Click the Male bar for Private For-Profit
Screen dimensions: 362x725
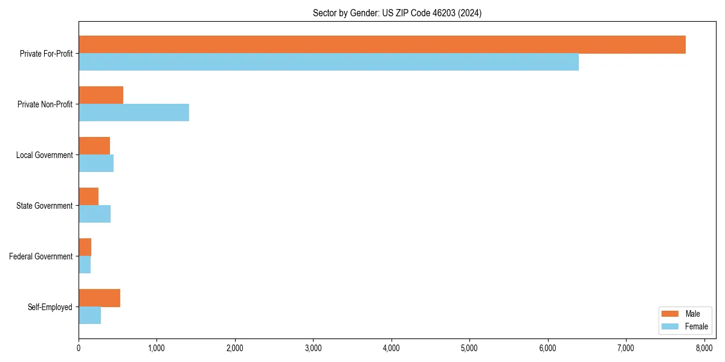coord(382,45)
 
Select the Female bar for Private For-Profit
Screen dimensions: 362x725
coord(329,62)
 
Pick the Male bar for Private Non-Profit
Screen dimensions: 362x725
coord(101,95)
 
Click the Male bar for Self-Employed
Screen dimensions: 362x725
coord(99,298)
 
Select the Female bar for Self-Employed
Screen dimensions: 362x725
coord(89,316)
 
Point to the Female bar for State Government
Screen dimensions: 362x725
coord(94,214)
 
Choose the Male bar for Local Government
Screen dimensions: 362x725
coord(94,146)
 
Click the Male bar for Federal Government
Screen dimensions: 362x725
coord(85,247)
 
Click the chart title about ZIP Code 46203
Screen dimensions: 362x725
coord(397,13)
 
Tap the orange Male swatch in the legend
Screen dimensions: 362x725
coord(671,314)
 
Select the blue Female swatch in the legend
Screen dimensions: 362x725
coord(671,326)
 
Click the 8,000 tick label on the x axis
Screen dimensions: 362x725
coord(704,348)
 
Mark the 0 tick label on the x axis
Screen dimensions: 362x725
coord(79,348)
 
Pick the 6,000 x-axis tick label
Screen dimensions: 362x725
coord(547,348)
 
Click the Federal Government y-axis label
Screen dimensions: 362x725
coord(41,256)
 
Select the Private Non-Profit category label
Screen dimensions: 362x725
coord(45,104)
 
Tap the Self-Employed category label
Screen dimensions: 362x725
coord(50,307)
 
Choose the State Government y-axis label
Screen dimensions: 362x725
coord(44,206)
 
